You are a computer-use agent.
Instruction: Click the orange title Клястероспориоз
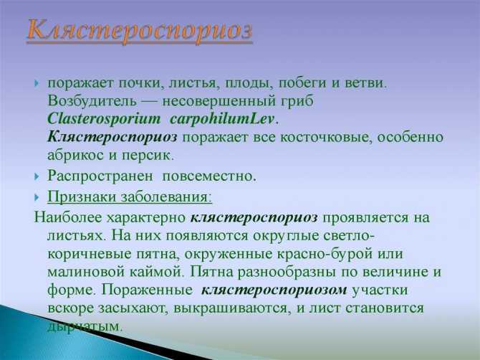pyautogui.click(x=140, y=32)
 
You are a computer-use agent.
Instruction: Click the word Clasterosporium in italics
pyautogui.click(x=104, y=119)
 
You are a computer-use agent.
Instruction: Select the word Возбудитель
pyautogui.click(x=92, y=101)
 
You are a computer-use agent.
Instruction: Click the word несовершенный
pyautogui.click(x=219, y=101)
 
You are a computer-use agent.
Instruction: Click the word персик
pyautogui.click(x=148, y=156)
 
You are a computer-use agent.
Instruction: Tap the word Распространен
pyautogui.click(x=100, y=176)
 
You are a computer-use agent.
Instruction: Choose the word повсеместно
pyautogui.click(x=209, y=176)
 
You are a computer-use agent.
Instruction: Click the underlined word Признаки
pyautogui.click(x=81, y=196)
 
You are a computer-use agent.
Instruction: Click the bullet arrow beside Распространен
pyautogui.click(x=37, y=176)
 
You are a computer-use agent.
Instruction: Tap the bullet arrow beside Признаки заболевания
pyautogui.click(x=37, y=197)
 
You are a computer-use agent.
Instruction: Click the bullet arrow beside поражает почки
pyautogui.click(x=37, y=83)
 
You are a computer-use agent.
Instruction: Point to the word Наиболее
pyautogui.click(x=68, y=217)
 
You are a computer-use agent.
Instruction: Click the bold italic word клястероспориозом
pyautogui.click(x=274, y=290)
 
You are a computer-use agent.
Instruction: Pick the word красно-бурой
pyautogui.click(x=325, y=254)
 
